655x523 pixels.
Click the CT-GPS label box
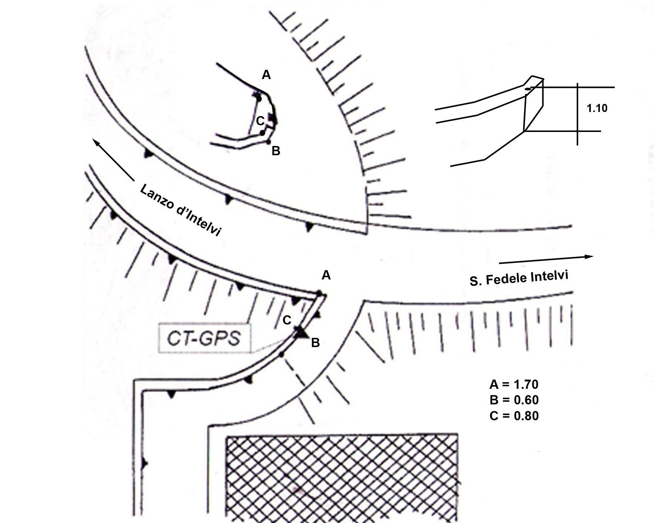pos(204,338)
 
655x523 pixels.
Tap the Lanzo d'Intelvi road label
pos(180,210)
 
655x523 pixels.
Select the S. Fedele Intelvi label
pos(519,278)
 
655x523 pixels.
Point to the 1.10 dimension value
pos(597,108)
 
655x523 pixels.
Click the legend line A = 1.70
pos(514,384)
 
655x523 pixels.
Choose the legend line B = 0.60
pos(514,400)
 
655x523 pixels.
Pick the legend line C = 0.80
pos(514,416)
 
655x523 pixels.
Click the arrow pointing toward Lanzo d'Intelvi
pos(113,159)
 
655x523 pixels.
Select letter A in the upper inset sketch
pos(266,75)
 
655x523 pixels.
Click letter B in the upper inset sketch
pos(276,151)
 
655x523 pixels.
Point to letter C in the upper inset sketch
pos(260,120)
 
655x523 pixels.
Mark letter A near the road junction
pos(326,275)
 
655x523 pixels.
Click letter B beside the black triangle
pos(315,343)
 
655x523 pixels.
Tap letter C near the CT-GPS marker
pos(287,320)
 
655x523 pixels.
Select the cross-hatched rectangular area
pos(342,477)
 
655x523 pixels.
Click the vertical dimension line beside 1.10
pos(577,114)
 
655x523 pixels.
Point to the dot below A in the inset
pos(259,99)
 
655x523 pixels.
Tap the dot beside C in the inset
pos(262,133)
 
